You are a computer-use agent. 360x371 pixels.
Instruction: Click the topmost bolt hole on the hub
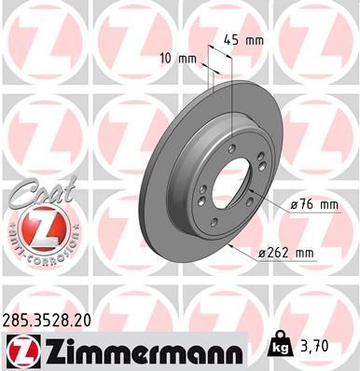[230, 147]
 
